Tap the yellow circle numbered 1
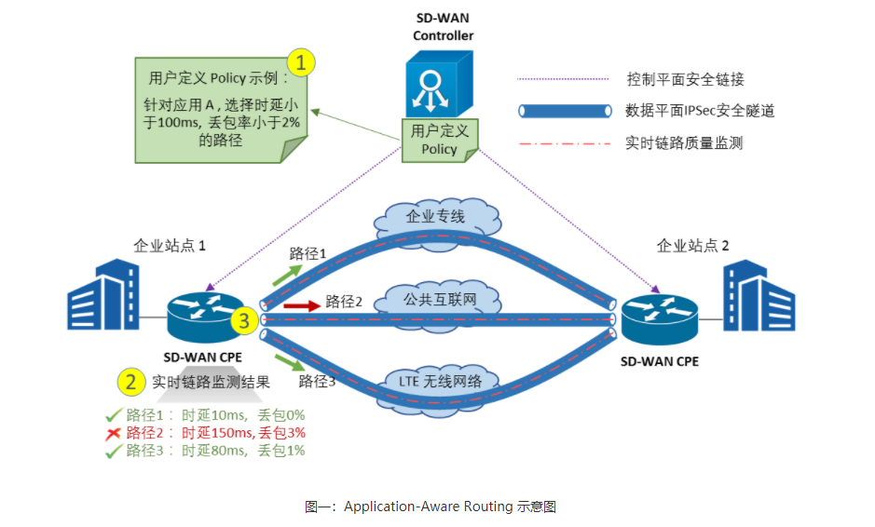(x=300, y=63)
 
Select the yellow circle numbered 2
(x=130, y=381)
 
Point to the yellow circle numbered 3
(x=244, y=321)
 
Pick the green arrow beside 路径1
(x=286, y=272)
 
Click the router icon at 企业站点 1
(x=200, y=318)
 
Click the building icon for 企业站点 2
(x=759, y=298)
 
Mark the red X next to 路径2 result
(x=112, y=433)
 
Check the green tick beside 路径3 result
(x=113, y=451)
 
